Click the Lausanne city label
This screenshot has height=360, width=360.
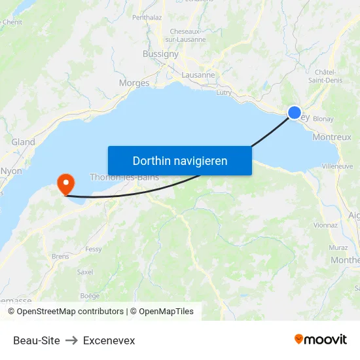coord(199,75)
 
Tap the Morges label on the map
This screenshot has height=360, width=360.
coord(134,83)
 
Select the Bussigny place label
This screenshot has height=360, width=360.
coord(160,54)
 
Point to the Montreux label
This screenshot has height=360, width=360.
coord(332,137)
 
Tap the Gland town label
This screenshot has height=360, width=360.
coord(23,142)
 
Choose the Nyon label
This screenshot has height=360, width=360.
coord(11,171)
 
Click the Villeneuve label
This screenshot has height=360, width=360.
coord(338,166)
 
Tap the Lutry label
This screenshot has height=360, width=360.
coord(223,93)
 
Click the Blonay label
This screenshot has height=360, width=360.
coord(323,119)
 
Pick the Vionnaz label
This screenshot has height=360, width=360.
coord(325,225)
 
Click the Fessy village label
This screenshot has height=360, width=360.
coord(94,249)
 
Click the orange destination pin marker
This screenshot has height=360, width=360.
coord(65,183)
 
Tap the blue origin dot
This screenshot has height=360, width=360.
coord(295,113)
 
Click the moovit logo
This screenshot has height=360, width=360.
coord(321,340)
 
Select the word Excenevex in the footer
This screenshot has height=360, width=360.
coord(109,340)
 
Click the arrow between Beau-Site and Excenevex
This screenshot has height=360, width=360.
coord(71,340)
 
